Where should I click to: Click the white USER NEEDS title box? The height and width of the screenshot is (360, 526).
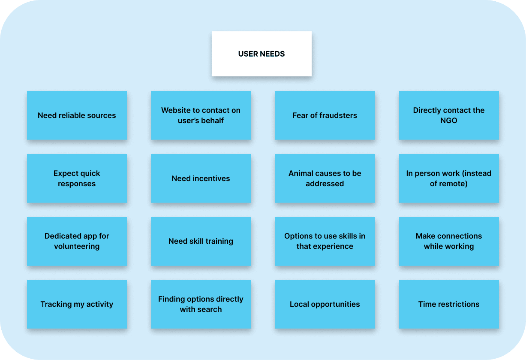[261, 54]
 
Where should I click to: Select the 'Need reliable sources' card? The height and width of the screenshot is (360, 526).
[77, 115]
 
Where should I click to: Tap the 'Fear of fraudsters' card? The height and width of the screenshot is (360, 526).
[325, 115]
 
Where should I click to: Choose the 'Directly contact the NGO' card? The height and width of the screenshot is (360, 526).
[449, 115]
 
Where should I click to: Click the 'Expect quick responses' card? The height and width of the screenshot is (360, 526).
[77, 178]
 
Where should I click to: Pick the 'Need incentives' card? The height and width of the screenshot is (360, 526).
[201, 178]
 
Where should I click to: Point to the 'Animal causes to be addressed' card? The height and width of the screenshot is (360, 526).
[325, 178]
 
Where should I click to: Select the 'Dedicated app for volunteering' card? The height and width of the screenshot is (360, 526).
[77, 241]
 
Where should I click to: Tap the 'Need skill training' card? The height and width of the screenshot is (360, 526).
[201, 241]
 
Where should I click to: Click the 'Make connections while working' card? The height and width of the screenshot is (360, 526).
[449, 241]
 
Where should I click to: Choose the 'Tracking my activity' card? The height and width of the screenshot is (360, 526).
[77, 304]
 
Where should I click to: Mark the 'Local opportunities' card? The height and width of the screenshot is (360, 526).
[325, 304]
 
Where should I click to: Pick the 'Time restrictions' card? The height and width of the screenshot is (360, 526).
[449, 304]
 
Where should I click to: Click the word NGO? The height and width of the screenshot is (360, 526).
[449, 121]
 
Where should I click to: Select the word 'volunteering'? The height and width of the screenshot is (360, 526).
[77, 246]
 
